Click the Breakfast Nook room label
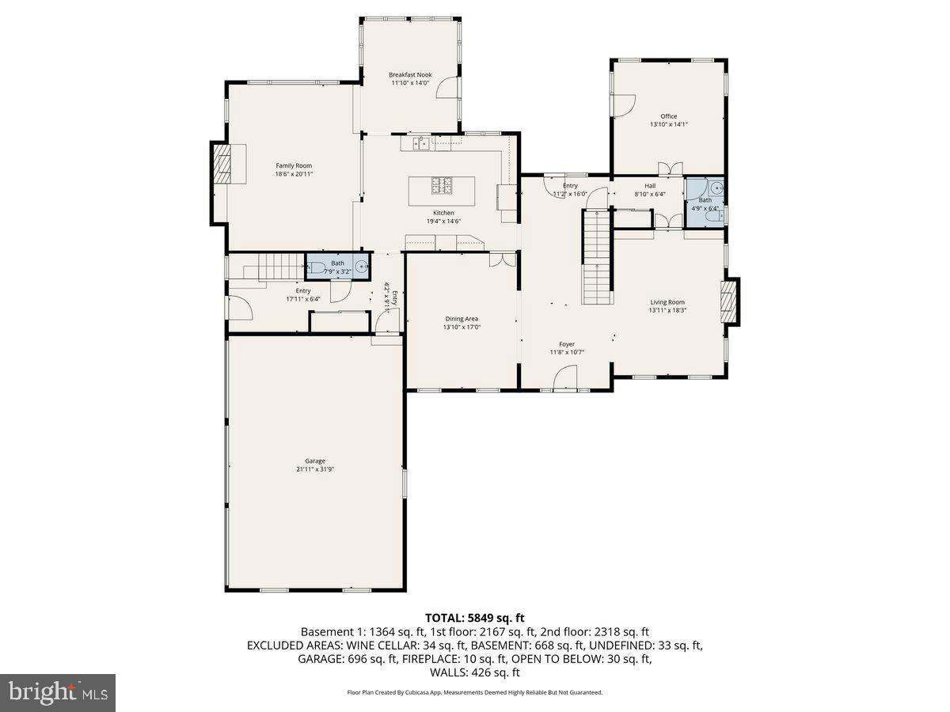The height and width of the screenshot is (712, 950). [409, 74]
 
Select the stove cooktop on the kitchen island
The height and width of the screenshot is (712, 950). [443, 185]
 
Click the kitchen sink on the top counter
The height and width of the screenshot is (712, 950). [422, 143]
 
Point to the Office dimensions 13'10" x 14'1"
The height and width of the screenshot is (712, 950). [669, 124]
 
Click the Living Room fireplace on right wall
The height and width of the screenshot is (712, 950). [730, 301]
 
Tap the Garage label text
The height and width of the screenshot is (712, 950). [315, 460]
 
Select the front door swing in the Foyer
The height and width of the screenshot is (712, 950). [565, 383]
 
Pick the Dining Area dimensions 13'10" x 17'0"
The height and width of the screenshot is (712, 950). [462, 327]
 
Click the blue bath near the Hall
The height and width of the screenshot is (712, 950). [704, 203]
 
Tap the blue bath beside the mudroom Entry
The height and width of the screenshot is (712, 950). [338, 268]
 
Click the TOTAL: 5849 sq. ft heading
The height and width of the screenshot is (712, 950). [474, 618]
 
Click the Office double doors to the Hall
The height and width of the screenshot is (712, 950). [670, 169]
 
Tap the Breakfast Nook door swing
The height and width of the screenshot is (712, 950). [450, 87]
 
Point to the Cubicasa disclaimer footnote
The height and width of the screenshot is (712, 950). [474, 692]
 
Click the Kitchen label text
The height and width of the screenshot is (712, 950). [443, 213]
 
